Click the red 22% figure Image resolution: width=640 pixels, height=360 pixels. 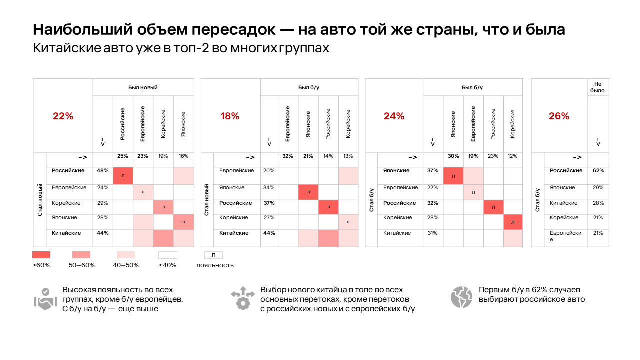[63, 116]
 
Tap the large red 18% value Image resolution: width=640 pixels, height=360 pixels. [230, 116]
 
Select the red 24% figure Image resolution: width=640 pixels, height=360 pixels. [394, 116]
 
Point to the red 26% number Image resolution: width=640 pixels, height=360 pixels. [559, 116]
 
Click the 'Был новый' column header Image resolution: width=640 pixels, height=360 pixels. [143, 87]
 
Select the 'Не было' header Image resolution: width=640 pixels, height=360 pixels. [598, 87]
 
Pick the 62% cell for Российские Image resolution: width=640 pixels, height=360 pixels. [598, 171]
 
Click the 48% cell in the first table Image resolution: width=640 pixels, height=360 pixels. [103, 171]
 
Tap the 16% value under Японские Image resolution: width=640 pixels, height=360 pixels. [183, 156]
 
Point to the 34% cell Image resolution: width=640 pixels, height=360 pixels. [269, 188]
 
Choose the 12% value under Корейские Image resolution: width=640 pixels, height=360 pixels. [513, 156]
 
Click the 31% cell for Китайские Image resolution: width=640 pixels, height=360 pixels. [433, 233]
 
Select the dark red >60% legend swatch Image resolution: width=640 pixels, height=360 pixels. [41, 255]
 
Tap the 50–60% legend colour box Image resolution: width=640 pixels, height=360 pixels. [81, 255]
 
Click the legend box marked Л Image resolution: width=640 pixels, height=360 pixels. [213, 255]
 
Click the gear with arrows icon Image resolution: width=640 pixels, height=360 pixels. [243, 298]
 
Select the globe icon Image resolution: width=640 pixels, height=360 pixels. [461, 297]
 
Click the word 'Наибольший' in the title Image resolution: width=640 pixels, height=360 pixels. [74, 30]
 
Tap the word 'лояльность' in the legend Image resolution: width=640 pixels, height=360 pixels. [215, 265]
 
